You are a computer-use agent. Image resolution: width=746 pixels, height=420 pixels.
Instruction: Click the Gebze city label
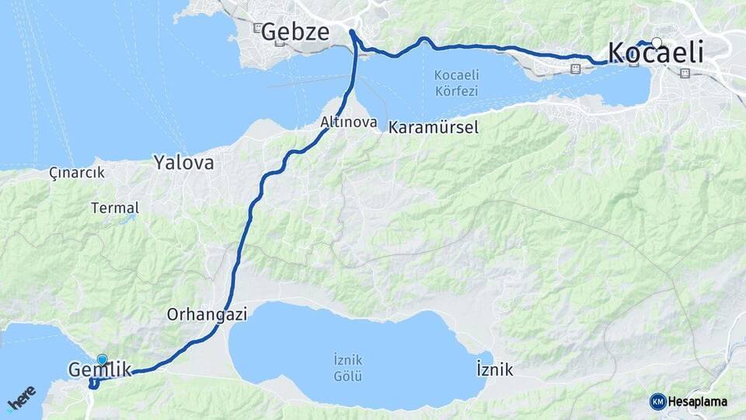pyautogui.click(x=295, y=32)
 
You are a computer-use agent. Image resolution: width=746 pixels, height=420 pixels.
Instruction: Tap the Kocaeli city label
pyautogui.click(x=656, y=53)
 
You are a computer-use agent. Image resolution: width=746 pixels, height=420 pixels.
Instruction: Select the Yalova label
pyautogui.click(x=183, y=163)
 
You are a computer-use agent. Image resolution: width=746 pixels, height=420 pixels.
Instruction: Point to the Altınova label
pyautogui.click(x=349, y=123)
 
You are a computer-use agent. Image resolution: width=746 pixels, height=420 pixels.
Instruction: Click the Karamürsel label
pyautogui.click(x=434, y=126)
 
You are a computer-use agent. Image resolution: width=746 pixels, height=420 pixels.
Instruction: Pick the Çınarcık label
pyautogui.click(x=76, y=172)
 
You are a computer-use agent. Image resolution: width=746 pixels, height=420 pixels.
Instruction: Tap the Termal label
pyautogui.click(x=115, y=208)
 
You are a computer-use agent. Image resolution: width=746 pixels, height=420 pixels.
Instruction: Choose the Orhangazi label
pyautogui.click(x=207, y=315)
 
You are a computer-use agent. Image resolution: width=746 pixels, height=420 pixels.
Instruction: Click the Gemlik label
pyautogui.click(x=99, y=370)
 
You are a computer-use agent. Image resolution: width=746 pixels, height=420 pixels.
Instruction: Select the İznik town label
pyautogui.click(x=494, y=370)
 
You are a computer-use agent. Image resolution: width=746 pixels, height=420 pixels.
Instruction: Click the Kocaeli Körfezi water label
pyautogui.click(x=456, y=82)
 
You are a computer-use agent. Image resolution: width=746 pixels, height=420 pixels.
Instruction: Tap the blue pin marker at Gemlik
pyautogui.click(x=102, y=359)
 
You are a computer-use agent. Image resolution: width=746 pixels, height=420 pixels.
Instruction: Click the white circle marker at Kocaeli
pyautogui.click(x=657, y=43)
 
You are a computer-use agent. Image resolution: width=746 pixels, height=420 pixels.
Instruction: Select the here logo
pyautogui.click(x=20, y=398)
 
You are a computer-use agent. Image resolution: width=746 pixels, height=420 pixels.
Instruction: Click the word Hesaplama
pyautogui.click(x=698, y=401)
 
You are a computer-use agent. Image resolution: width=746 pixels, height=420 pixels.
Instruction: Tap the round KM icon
pyautogui.click(x=657, y=401)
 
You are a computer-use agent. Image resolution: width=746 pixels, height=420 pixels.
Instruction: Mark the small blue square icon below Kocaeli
pyautogui.click(x=684, y=74)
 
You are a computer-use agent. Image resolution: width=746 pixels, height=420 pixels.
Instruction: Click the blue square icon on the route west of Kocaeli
pyautogui.click(x=574, y=68)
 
